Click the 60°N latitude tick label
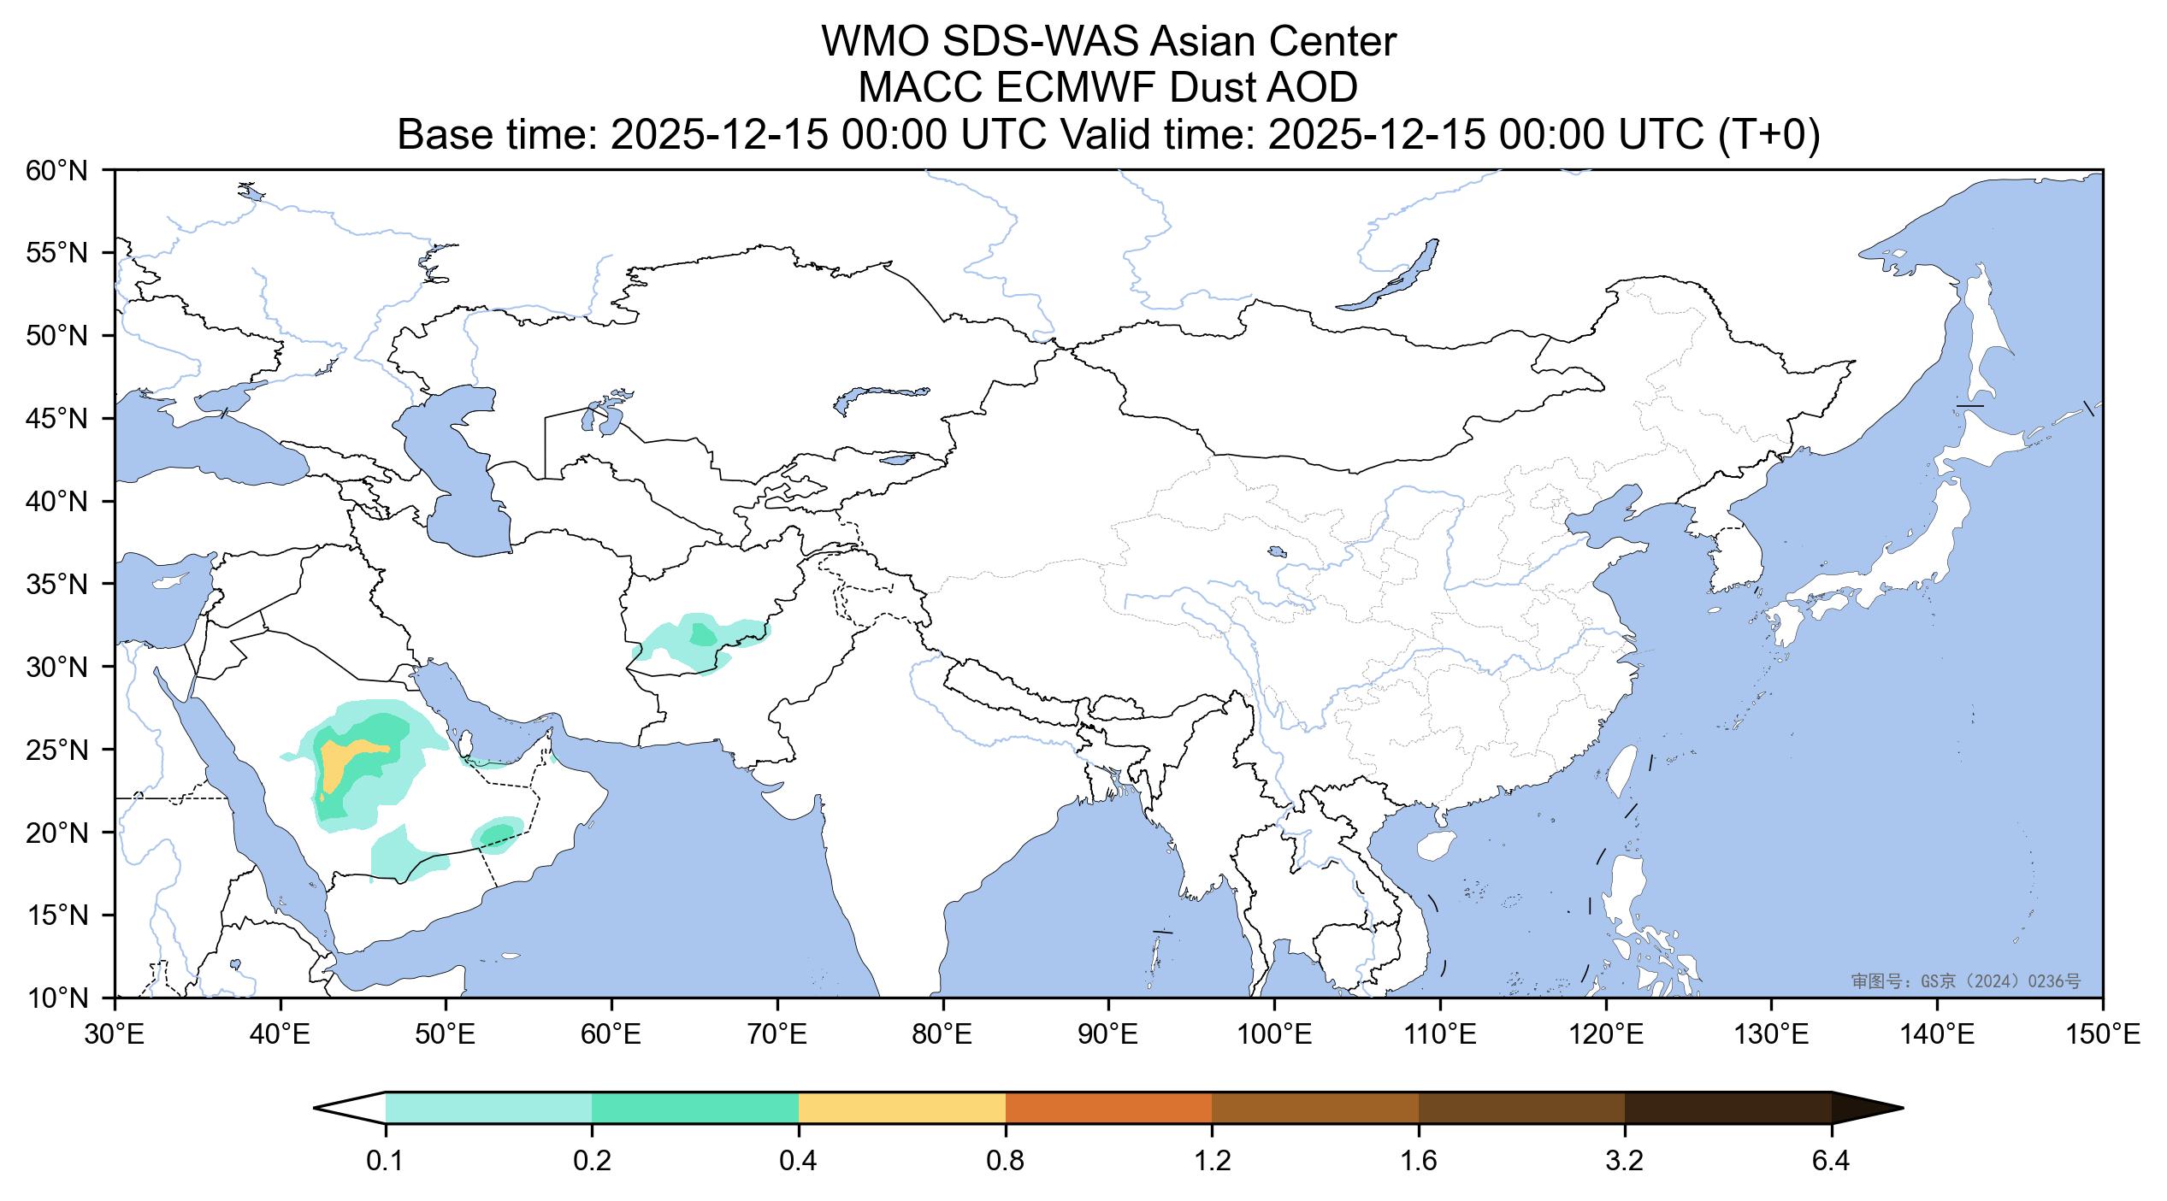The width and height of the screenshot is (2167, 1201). [x=57, y=171]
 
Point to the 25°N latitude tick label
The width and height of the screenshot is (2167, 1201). [x=57, y=751]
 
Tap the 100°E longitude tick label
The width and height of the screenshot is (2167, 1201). [x=1275, y=1036]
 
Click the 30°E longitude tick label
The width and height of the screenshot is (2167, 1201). [x=115, y=1036]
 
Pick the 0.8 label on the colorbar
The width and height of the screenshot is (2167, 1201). [x=1006, y=1162]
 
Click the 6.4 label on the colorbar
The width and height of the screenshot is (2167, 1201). [x=1831, y=1162]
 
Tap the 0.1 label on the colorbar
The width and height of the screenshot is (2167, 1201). [x=386, y=1162]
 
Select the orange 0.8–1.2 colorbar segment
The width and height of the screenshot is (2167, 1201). [x=1108, y=1108]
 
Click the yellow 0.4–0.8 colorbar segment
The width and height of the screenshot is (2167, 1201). [x=902, y=1108]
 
